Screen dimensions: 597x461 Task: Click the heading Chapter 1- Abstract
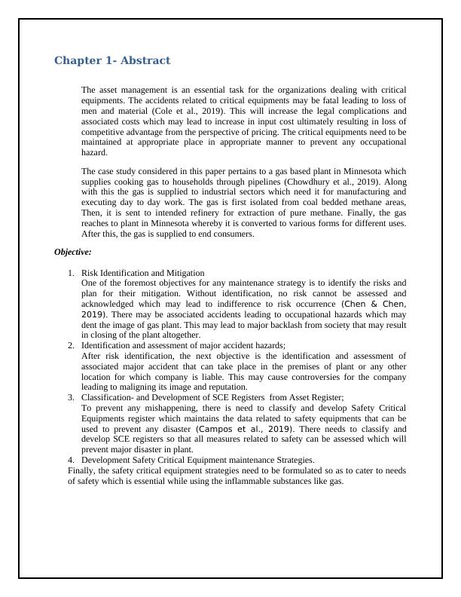coord(112,60)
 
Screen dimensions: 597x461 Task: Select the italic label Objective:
coord(73,253)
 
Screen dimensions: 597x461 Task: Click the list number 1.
coord(71,272)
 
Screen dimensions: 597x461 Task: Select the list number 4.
coord(71,459)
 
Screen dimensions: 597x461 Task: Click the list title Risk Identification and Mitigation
coord(143,272)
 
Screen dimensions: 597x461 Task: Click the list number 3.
coord(71,397)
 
